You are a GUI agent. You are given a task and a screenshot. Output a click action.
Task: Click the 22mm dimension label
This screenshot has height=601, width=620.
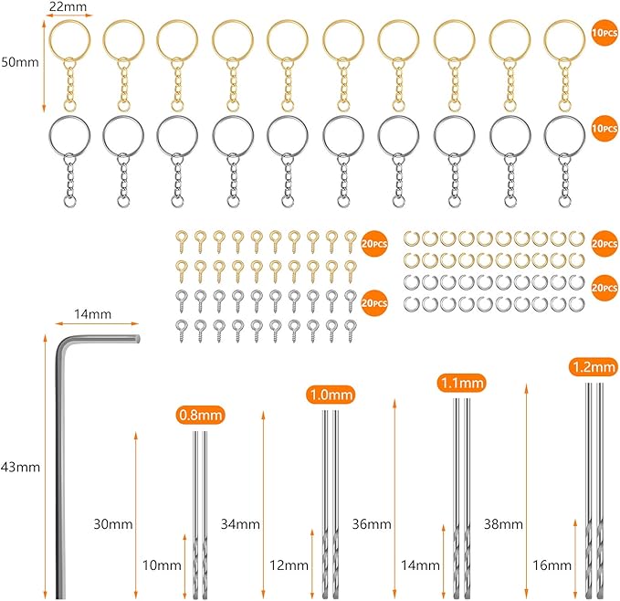68,6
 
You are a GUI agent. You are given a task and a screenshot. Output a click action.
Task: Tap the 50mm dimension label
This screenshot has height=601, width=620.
20,62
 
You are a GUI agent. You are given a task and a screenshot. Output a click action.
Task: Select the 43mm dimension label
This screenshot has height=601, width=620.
20,467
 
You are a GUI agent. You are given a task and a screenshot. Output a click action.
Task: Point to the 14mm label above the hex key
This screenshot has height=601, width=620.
93,314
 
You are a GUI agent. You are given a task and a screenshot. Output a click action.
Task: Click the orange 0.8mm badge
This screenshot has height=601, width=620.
201,416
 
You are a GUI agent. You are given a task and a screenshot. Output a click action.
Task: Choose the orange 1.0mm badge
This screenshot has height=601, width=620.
331,395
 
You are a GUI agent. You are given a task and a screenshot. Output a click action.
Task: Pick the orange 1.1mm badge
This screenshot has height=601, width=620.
462,383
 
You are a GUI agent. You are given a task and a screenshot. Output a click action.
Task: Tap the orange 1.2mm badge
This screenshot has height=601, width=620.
594,367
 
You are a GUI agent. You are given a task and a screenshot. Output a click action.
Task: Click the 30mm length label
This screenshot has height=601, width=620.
113,524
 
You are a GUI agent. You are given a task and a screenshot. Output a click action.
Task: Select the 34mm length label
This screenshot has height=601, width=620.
240,524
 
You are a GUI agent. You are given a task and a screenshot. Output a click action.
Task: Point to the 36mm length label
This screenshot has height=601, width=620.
372,524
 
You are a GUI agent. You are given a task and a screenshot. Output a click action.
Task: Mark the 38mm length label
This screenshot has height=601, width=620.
503,524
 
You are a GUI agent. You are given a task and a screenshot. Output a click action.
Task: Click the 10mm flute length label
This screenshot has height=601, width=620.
162,565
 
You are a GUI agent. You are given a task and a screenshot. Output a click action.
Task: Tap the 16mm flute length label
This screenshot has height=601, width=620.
552,565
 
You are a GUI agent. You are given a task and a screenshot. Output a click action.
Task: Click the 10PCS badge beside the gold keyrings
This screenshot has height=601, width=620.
604,32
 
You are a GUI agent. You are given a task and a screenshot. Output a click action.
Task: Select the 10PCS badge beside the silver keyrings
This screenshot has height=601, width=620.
604,129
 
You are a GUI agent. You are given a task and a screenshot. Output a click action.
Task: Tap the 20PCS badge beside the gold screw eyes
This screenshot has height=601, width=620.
374,244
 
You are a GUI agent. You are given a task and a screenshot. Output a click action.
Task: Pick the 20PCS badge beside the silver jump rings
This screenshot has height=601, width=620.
604,288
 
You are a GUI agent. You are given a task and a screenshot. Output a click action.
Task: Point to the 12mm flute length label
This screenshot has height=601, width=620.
289,565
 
